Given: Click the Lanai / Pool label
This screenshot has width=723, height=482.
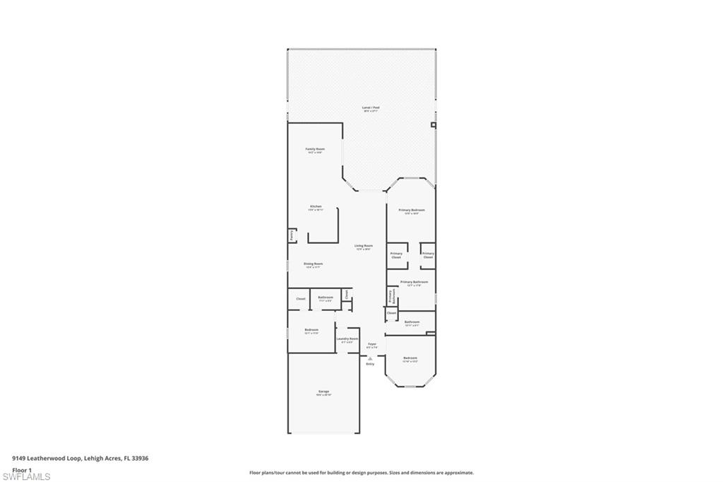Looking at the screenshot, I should click(371, 109).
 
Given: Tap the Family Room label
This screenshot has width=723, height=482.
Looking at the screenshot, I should click(315, 150).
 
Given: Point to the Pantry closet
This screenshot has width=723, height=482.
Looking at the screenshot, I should click(291, 235).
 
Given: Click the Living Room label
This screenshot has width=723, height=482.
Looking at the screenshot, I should click(364, 247).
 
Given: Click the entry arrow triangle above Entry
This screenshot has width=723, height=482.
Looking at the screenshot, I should click(370, 358).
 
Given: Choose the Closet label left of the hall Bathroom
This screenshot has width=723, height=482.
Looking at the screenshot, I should click(301, 299).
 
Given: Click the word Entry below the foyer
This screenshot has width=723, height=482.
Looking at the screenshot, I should click(370, 364).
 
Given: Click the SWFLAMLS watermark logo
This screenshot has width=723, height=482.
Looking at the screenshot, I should click(26, 476).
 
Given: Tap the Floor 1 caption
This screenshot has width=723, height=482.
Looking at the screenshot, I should click(22, 469).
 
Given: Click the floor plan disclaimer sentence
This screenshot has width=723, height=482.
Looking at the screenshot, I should click(361, 473).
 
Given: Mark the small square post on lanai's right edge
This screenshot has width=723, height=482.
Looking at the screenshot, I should click(434, 125).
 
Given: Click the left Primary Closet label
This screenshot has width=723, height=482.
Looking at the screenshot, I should click(396, 255).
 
